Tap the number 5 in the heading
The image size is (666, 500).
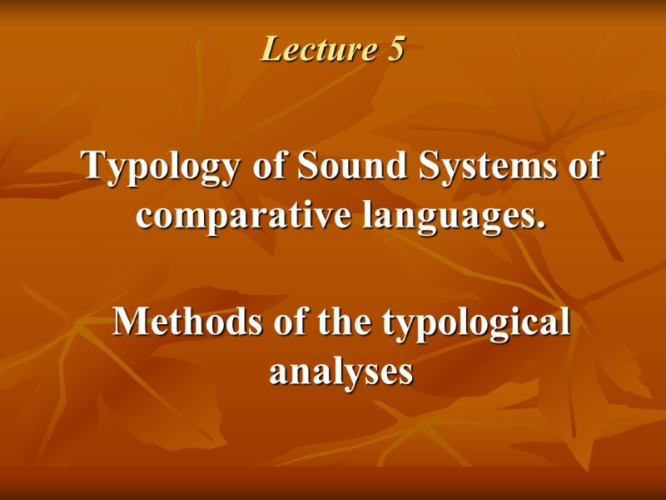(395, 50)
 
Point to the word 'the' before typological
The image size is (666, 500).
(340, 322)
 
